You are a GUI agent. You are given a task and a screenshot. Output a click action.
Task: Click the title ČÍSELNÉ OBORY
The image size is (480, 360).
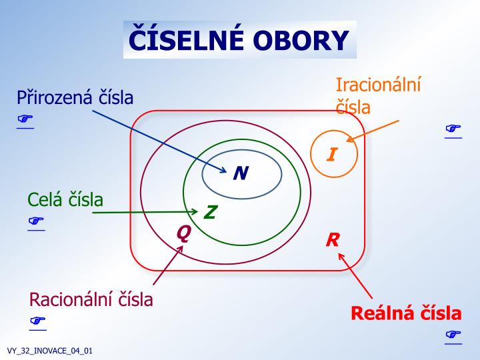coord(239,40)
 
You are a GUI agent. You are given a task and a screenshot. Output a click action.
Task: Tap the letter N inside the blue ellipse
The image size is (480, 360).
coord(241,173)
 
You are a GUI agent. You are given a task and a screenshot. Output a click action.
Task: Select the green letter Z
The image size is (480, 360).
coord(210,213)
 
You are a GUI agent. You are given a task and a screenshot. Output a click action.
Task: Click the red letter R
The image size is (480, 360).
coord(333,240)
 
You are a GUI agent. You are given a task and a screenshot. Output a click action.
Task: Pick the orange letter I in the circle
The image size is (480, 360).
coord(331,155)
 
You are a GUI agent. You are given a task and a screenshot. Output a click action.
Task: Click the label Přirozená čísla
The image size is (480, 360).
coord(75,98)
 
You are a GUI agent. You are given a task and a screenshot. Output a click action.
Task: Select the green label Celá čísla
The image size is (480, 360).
coord(65,199)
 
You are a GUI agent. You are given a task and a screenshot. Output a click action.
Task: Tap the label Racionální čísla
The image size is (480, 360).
coord(91,299)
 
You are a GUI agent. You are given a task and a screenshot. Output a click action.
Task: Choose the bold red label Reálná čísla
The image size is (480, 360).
coord(406,313)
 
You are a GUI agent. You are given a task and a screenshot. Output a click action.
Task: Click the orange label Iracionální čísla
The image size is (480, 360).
coord(378,95)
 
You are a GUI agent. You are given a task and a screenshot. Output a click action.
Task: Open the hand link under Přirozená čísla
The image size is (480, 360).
coord(25,119)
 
